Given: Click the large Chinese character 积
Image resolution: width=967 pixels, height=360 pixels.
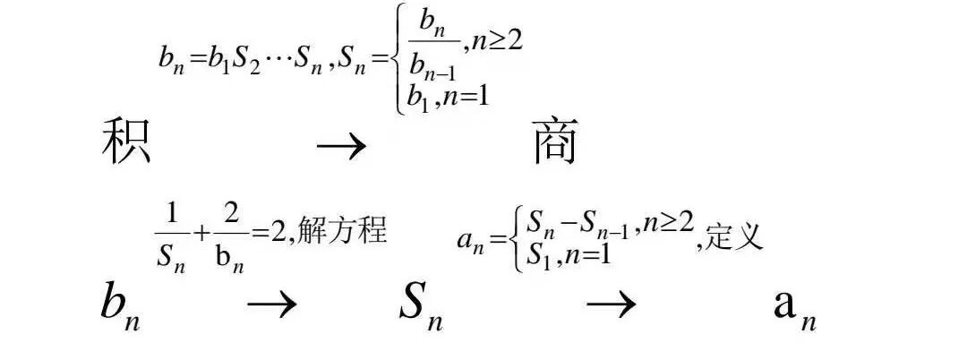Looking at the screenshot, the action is [125, 143].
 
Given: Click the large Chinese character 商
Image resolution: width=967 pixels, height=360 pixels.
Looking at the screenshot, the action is [555, 143].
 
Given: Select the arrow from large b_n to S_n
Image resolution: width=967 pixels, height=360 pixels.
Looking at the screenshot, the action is [271, 305].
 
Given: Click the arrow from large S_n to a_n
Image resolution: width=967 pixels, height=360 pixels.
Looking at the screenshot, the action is [612, 305].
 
